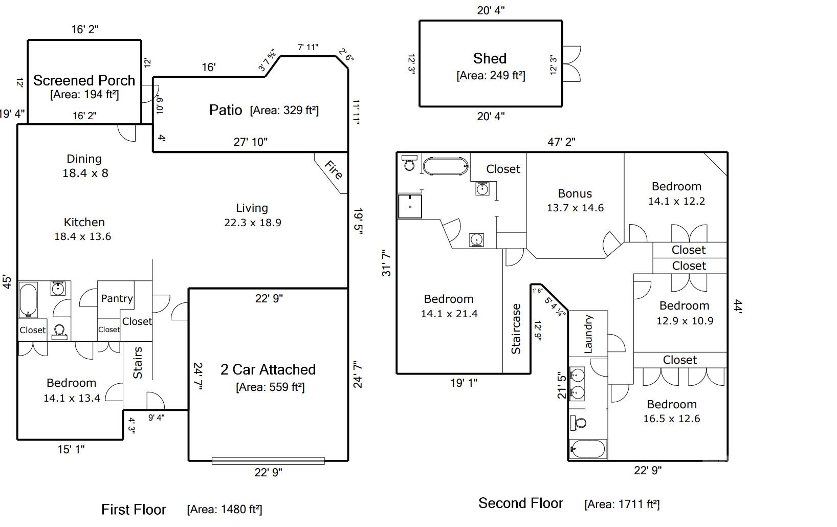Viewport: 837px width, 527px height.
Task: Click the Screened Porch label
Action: coord(84,80)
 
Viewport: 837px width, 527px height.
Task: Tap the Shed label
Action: coord(490,59)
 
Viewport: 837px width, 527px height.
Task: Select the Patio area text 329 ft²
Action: coord(284,111)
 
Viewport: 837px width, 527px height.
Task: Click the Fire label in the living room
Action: coord(333,170)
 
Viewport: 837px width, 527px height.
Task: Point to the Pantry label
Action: coord(117,298)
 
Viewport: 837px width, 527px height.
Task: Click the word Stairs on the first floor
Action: coord(138,363)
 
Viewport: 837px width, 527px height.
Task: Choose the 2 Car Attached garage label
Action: coord(268,369)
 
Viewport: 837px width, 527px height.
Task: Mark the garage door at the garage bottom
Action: coord(268,461)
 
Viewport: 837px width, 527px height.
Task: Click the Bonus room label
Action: coord(575,193)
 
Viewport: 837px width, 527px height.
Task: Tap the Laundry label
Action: coord(588,334)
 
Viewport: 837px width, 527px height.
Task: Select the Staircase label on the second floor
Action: coord(516,329)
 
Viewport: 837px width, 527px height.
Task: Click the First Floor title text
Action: coord(134,510)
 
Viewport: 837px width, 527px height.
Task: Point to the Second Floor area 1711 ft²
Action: coord(622,504)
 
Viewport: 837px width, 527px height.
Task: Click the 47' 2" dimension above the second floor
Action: coord(561,142)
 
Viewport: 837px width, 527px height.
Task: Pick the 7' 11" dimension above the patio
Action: coord(308,47)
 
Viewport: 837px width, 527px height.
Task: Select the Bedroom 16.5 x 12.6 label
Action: coord(671,411)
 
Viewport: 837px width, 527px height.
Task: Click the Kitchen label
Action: coord(84,222)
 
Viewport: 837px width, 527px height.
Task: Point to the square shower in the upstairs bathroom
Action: coord(410,206)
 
